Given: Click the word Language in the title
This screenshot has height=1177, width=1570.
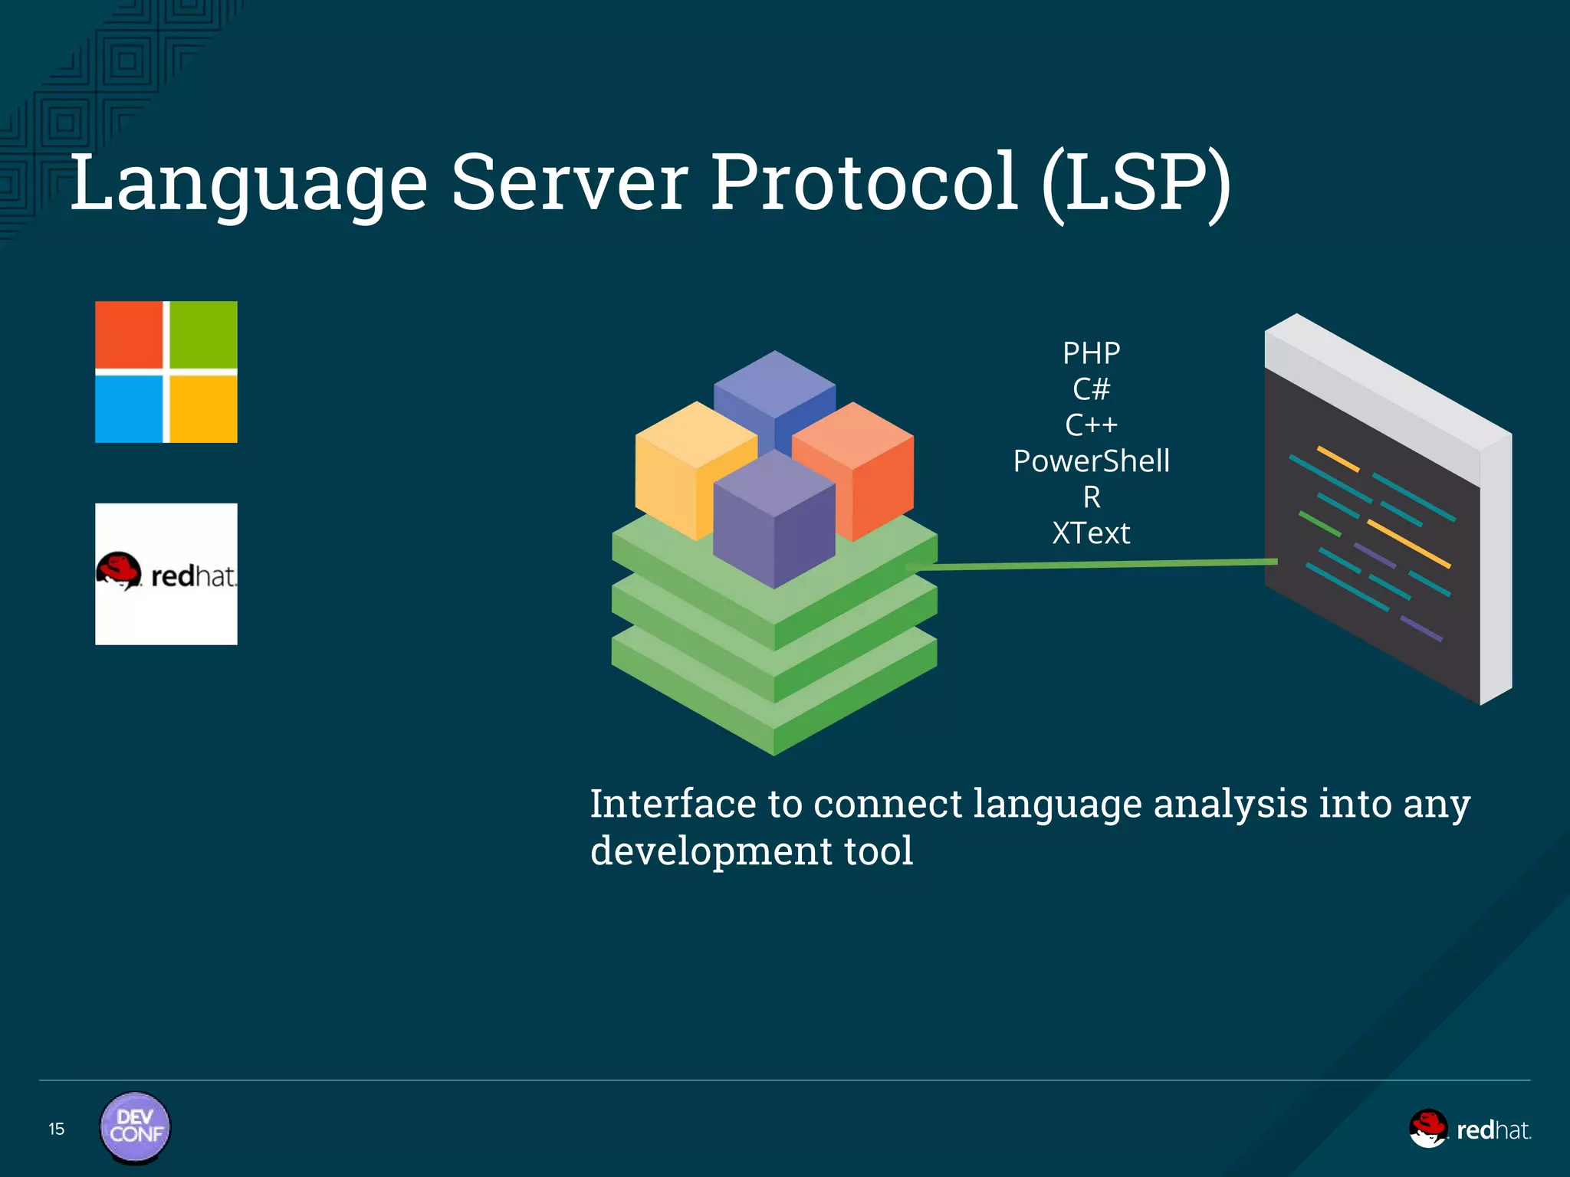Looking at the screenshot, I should pos(248,184).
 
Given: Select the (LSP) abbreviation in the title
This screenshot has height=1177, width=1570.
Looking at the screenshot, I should pos(1136,184).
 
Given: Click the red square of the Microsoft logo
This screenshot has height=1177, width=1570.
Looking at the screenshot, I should pos(129,335).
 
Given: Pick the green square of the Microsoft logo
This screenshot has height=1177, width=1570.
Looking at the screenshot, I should pos(203,335).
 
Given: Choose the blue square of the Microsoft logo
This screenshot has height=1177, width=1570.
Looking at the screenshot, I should pos(129,408).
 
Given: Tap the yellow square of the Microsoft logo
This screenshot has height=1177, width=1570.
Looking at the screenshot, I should pos(203,408).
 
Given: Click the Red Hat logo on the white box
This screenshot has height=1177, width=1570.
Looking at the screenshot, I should pos(166,574).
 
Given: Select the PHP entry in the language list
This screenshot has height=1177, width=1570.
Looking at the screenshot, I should pos(1091,353).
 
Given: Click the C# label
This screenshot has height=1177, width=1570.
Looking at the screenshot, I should pos(1091,389).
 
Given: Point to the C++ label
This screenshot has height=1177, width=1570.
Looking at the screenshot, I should pos(1091,425).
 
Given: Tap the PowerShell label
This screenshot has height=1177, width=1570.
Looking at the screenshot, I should pos(1091,461).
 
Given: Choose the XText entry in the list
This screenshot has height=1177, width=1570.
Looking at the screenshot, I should pos(1091,533).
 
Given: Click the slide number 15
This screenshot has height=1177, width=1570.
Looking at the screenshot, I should pos(56,1129).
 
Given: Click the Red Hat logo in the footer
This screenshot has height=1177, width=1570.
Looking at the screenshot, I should pos(1470,1129).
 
